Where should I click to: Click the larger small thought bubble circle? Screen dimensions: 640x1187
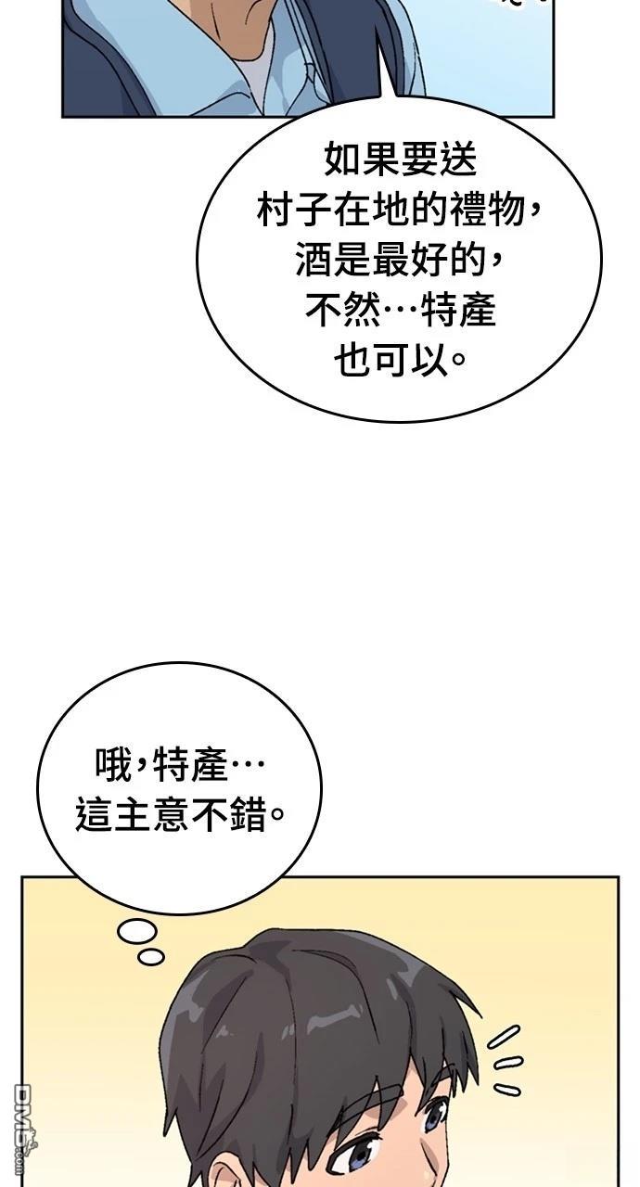coord(137,932)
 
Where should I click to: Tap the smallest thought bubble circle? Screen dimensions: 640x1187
coord(151,956)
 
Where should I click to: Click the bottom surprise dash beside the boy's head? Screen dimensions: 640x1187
coord(507,1090)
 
